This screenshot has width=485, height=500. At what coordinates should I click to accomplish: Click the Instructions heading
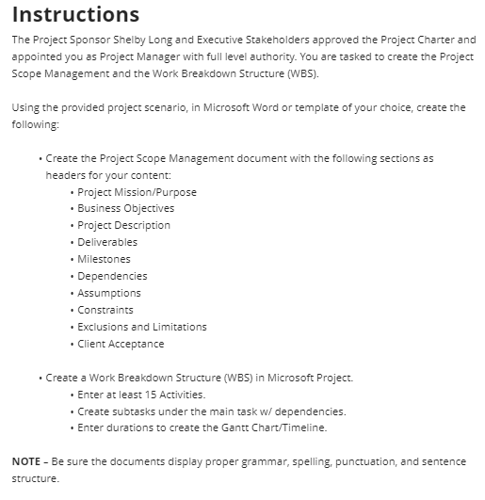pyautogui.click(x=75, y=15)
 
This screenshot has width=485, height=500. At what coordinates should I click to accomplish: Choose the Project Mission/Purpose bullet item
pyautogui.click(x=137, y=192)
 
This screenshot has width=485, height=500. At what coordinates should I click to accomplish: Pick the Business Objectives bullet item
pyautogui.click(x=125, y=209)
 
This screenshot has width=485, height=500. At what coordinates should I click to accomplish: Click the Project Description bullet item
pyautogui.click(x=123, y=226)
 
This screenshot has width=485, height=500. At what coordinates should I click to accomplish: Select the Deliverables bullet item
pyautogui.click(x=107, y=243)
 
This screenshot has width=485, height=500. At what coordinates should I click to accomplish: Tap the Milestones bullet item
pyautogui.click(x=104, y=260)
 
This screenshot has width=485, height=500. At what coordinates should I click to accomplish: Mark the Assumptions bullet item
pyautogui.click(x=109, y=294)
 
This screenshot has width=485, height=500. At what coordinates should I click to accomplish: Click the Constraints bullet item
pyautogui.click(x=105, y=311)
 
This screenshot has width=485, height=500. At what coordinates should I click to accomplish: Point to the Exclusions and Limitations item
pyautogui.click(x=141, y=328)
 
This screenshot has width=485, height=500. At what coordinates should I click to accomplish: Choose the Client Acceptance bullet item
pyautogui.click(x=121, y=345)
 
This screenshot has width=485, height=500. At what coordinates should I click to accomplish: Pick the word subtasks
pyautogui.click(x=132, y=412)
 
